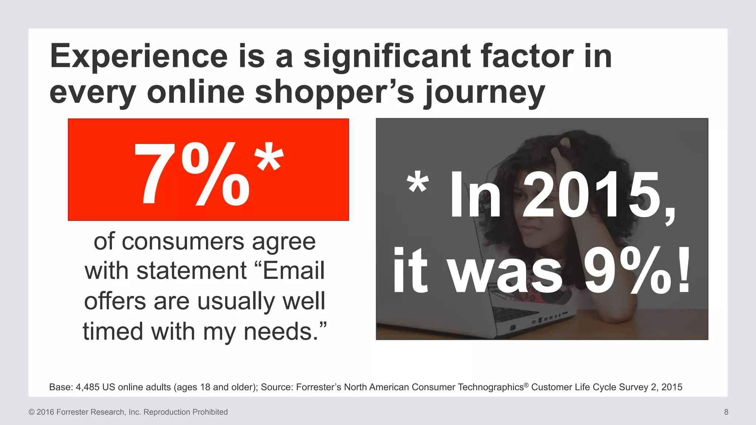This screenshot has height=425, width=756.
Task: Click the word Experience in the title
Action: point(139,56)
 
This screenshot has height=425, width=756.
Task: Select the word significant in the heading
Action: point(386,56)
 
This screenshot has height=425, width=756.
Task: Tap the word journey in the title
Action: point(484,92)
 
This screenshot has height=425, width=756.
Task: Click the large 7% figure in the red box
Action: point(192,174)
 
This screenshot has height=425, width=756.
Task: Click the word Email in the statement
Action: point(294,271)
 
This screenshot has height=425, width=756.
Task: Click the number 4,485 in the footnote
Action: point(87,387)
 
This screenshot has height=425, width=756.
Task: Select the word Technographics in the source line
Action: point(491,387)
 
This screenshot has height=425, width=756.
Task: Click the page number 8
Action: point(726,412)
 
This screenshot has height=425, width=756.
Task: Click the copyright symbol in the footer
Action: point(31,412)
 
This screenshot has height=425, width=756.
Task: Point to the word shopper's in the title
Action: point(334,92)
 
